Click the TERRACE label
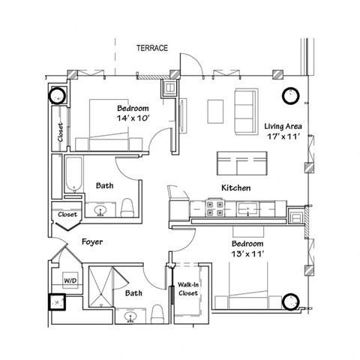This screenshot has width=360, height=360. click(x=152, y=49)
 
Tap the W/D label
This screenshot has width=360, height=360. click(x=70, y=280)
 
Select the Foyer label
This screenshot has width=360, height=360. click(x=91, y=243)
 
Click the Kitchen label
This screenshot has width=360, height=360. click(x=235, y=187)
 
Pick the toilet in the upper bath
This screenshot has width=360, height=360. click(x=127, y=206)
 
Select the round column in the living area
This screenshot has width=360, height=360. click(x=290, y=95)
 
